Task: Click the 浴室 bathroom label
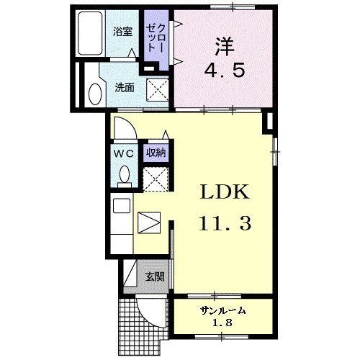click(x=123, y=32)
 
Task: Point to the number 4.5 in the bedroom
click(x=223, y=72)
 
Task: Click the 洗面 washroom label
click(x=125, y=88)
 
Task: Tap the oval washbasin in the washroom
click(x=94, y=94)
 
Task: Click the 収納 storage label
click(x=156, y=153)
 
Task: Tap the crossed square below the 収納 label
click(x=155, y=178)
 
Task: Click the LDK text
click(x=223, y=192)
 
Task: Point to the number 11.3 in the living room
click(x=223, y=223)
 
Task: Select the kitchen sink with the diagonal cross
click(x=149, y=221)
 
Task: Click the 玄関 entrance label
click(x=155, y=276)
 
